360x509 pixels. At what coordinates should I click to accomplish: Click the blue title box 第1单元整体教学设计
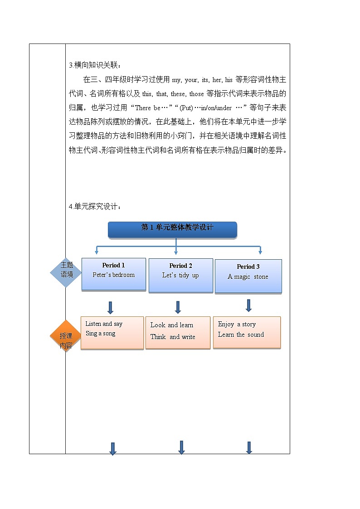(x=172, y=230)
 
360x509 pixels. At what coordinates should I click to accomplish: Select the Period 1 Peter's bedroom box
(x=114, y=274)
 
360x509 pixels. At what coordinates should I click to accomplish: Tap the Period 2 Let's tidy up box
(x=181, y=276)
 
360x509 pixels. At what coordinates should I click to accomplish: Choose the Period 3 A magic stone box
(x=248, y=276)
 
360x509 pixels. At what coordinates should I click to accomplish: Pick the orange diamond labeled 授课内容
(x=66, y=336)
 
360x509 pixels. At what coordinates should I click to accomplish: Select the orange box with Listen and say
(x=112, y=333)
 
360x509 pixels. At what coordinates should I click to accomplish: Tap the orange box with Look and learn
(x=178, y=333)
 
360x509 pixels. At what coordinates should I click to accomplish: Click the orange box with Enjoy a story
(x=247, y=332)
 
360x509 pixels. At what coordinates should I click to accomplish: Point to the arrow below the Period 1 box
(x=110, y=308)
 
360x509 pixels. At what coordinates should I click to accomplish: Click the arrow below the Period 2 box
(x=178, y=307)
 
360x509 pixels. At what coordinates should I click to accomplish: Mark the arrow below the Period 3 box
(x=248, y=305)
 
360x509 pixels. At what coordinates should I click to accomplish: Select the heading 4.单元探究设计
(x=95, y=207)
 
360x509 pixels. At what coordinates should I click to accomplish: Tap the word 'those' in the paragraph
(x=196, y=94)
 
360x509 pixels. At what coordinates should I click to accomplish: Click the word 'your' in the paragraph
(x=191, y=80)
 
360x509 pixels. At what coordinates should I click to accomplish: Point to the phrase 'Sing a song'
(x=100, y=334)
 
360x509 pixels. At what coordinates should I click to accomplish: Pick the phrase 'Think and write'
(x=173, y=337)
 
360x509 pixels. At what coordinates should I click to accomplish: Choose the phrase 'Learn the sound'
(x=241, y=334)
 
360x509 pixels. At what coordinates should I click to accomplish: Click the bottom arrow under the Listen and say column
(x=112, y=449)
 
